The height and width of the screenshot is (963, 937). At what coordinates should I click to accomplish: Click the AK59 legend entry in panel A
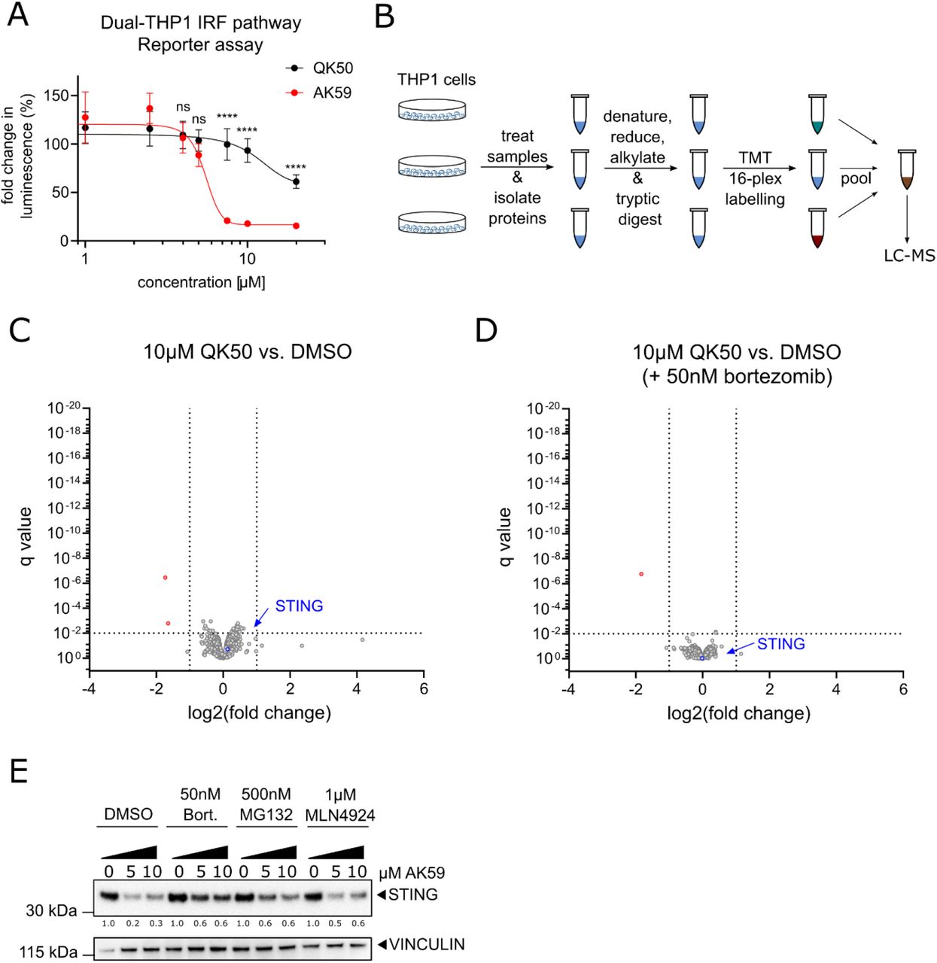pos(331,93)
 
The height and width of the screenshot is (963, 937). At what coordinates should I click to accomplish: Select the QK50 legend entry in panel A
pos(332,68)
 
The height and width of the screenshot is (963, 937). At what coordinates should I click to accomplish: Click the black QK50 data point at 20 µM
pos(296,182)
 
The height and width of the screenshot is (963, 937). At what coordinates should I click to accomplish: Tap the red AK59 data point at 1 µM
pos(85,117)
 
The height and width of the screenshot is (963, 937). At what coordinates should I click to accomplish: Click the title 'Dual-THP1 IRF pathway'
pos(201,23)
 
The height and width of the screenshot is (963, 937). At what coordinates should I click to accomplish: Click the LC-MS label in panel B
pos(909,256)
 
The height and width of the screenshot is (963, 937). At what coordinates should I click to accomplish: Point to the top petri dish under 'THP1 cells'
pos(433,110)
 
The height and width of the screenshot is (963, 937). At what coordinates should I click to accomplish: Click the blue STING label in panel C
pos(299,606)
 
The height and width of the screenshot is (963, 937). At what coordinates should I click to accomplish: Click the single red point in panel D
pos(641,574)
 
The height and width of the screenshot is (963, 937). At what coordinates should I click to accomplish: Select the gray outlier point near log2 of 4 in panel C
pos(362,639)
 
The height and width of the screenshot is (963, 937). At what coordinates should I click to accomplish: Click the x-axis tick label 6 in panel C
pos(424,689)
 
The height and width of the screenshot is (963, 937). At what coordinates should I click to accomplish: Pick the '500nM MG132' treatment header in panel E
pos(266,804)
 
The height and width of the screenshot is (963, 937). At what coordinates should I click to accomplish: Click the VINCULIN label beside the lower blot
pos(426,944)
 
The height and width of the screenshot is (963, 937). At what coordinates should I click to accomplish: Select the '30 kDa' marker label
pos(51,910)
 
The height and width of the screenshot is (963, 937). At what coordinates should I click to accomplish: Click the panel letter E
pos(18,771)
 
